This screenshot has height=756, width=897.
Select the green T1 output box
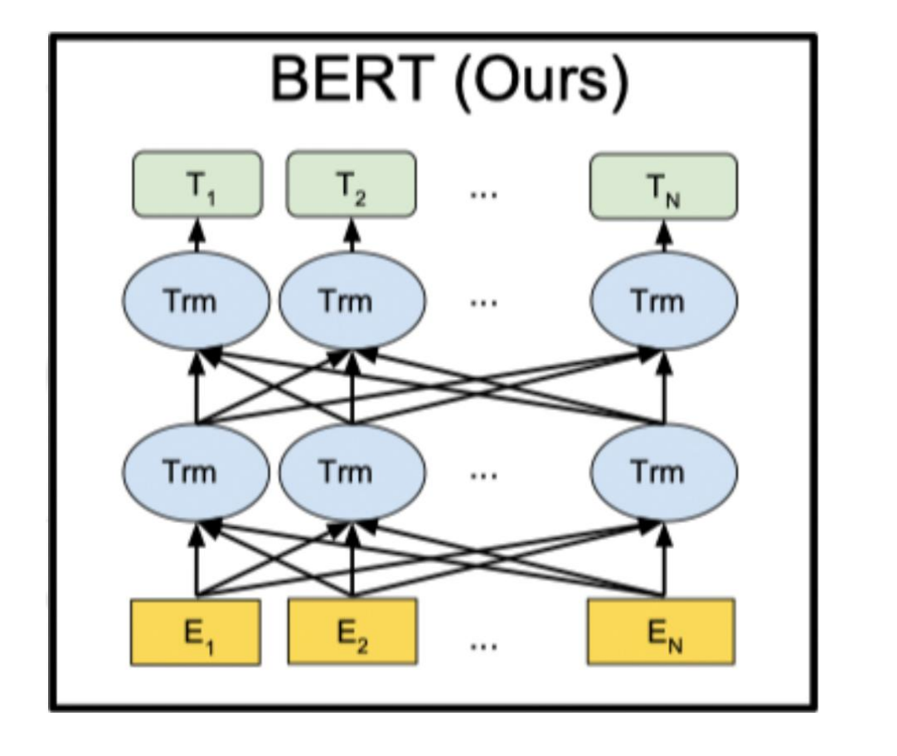(196, 184)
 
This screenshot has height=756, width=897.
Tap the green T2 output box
(352, 184)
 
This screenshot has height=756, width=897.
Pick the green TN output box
(662, 184)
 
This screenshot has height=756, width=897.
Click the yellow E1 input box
(196, 632)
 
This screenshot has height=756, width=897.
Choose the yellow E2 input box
(352, 632)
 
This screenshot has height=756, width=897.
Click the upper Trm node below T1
(196, 300)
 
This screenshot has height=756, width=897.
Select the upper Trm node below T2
(352, 300)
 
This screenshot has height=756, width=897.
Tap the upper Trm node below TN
(662, 300)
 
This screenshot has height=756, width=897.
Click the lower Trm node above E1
(196, 472)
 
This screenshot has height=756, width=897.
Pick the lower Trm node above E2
(352, 472)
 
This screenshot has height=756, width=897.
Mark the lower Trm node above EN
(662, 472)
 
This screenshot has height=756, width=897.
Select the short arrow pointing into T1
(196, 235)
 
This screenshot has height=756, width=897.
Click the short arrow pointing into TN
(662, 235)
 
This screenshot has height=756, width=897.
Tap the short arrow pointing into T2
(352, 235)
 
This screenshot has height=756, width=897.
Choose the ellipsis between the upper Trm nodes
(482, 303)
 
